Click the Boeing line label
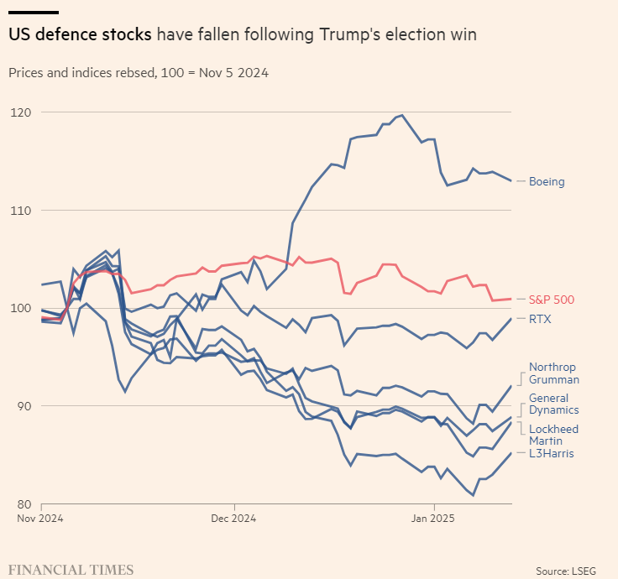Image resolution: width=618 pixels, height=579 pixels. (x=546, y=181)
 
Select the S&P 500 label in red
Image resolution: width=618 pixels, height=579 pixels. (x=551, y=300)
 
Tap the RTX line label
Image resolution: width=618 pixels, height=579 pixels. (x=539, y=319)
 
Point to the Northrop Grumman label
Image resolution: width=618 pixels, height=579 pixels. (x=553, y=373)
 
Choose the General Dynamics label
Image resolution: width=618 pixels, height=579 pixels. (x=553, y=404)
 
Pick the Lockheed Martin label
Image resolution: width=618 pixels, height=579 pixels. (x=553, y=435)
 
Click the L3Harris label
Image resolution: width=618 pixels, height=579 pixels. (x=551, y=454)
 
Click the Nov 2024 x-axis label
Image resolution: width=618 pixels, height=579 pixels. (x=40, y=519)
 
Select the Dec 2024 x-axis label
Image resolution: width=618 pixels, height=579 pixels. (x=233, y=519)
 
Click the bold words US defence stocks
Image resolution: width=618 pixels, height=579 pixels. (x=81, y=35)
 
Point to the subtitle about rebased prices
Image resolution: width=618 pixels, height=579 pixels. (x=139, y=73)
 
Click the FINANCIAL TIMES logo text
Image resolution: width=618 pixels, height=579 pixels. (x=71, y=570)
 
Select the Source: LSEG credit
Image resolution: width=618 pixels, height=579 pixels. (x=566, y=571)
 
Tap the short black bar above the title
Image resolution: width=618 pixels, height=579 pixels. (x=34, y=12)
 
